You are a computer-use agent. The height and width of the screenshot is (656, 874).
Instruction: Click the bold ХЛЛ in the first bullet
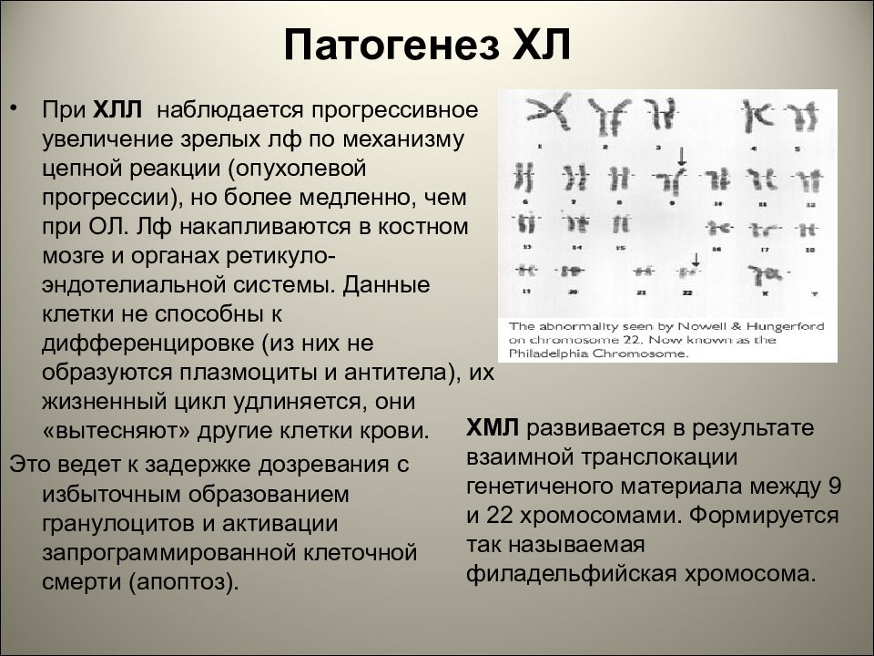(117, 111)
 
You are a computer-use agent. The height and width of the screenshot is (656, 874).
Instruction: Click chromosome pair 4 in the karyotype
(754, 118)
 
